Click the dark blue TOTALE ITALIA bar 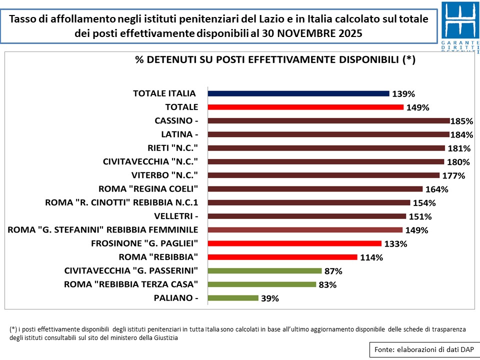click(298, 93)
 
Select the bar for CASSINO click(328, 120)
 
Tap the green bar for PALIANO click(233, 298)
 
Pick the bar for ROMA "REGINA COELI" click(315, 189)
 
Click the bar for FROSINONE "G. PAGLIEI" click(294, 243)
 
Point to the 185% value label click(462, 121)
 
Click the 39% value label click(270, 298)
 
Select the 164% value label click(437, 189)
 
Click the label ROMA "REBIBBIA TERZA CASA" click(131, 284)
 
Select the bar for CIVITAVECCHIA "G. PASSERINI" click(264, 271)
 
